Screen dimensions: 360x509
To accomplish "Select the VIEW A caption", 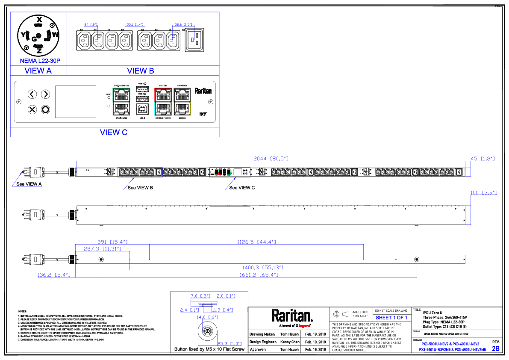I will pyautogui.click(x=38, y=71).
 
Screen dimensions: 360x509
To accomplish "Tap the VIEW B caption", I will pyautogui.click(x=141, y=71).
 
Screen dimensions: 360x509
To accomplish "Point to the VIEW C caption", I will pyautogui.click(x=114, y=133).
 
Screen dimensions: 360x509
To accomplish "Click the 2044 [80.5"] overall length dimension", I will pyautogui.click(x=271, y=159).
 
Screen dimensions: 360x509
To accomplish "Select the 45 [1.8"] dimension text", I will pyautogui.click(x=483, y=159).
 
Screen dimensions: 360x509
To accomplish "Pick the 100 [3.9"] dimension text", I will pyautogui.click(x=484, y=193).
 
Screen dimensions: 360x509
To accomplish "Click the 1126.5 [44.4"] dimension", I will pyautogui.click(x=256, y=242).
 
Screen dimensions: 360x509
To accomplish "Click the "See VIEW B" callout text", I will pyautogui.click(x=140, y=188).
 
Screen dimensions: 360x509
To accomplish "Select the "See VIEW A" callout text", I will pyautogui.click(x=29, y=184).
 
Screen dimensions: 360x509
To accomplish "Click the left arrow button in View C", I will pyautogui.click(x=32, y=94).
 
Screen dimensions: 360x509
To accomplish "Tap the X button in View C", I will pyautogui.click(x=32, y=109).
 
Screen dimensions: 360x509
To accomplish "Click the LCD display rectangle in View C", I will pyautogui.click(x=76, y=101).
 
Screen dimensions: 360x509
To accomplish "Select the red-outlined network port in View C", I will pyautogui.click(x=163, y=94).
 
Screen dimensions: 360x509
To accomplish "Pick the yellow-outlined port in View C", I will pyautogui.click(x=182, y=108).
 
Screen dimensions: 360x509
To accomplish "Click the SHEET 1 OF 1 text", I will pyautogui.click(x=391, y=318).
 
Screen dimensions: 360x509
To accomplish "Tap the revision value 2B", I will pyautogui.click(x=496, y=348).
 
